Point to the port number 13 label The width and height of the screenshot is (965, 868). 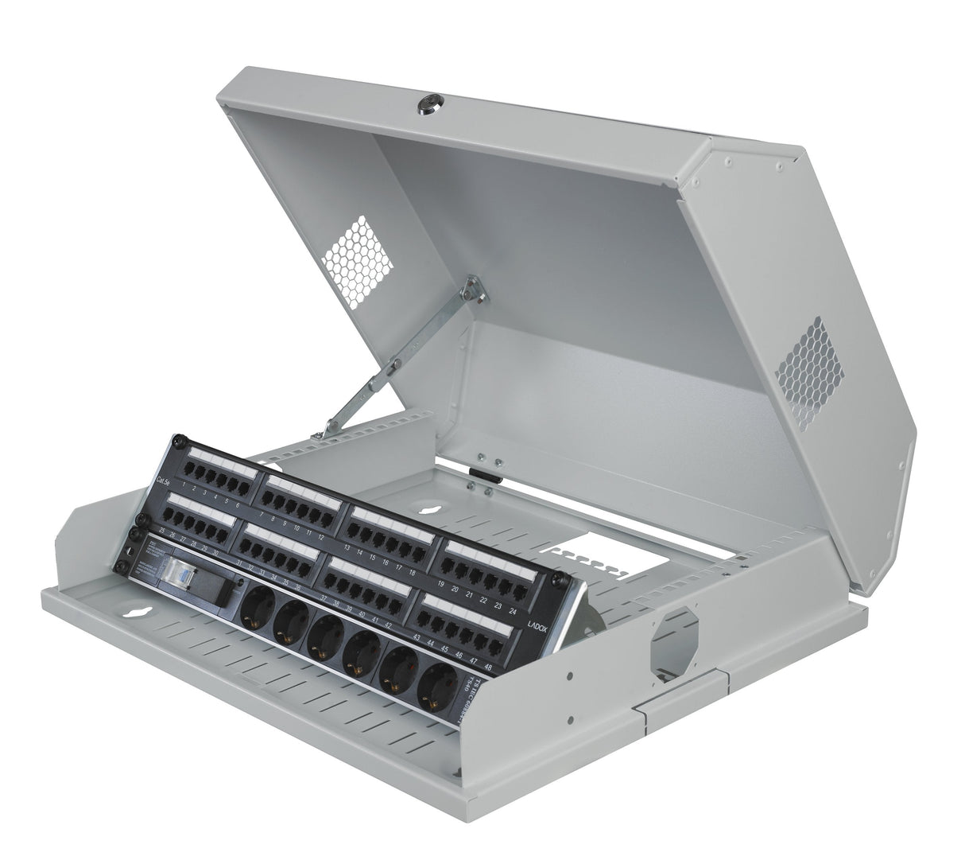click(x=347, y=547)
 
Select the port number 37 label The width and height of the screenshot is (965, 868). click(x=324, y=596)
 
